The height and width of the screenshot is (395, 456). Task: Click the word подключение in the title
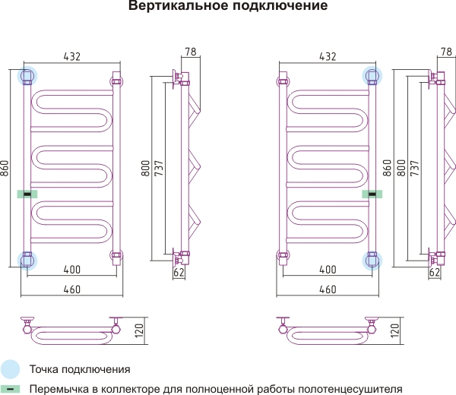pyautogui.click(x=280, y=6)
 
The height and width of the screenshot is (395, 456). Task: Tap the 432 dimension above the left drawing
pyautogui.click(x=72, y=56)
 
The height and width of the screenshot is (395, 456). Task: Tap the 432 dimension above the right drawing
pyautogui.click(x=328, y=56)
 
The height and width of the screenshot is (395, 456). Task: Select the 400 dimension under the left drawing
pyautogui.click(x=72, y=270)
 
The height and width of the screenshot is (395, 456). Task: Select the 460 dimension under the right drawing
pyautogui.click(x=328, y=289)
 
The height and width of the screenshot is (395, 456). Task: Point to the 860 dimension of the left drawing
pyautogui.click(x=5, y=168)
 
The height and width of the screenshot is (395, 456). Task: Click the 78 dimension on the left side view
pyautogui.click(x=191, y=52)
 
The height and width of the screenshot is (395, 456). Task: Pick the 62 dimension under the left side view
pyautogui.click(x=179, y=273)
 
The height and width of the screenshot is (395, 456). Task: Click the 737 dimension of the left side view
pyautogui.click(x=159, y=168)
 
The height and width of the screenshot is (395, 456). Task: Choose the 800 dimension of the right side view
pyautogui.click(x=401, y=168)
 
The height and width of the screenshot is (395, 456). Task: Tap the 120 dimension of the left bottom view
pyautogui.click(x=140, y=330)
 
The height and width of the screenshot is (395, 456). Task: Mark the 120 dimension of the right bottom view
pyautogui.click(x=395, y=330)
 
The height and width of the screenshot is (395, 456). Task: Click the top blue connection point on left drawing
pyautogui.click(x=27, y=76)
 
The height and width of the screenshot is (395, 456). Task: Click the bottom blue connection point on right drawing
pyautogui.click(x=372, y=261)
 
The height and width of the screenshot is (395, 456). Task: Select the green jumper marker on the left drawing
pyautogui.click(x=27, y=194)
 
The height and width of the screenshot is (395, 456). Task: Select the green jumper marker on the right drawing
pyautogui.click(x=372, y=194)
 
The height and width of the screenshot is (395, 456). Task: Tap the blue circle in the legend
pyautogui.click(x=10, y=369)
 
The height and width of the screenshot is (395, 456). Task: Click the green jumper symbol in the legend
pyautogui.click(x=10, y=389)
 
